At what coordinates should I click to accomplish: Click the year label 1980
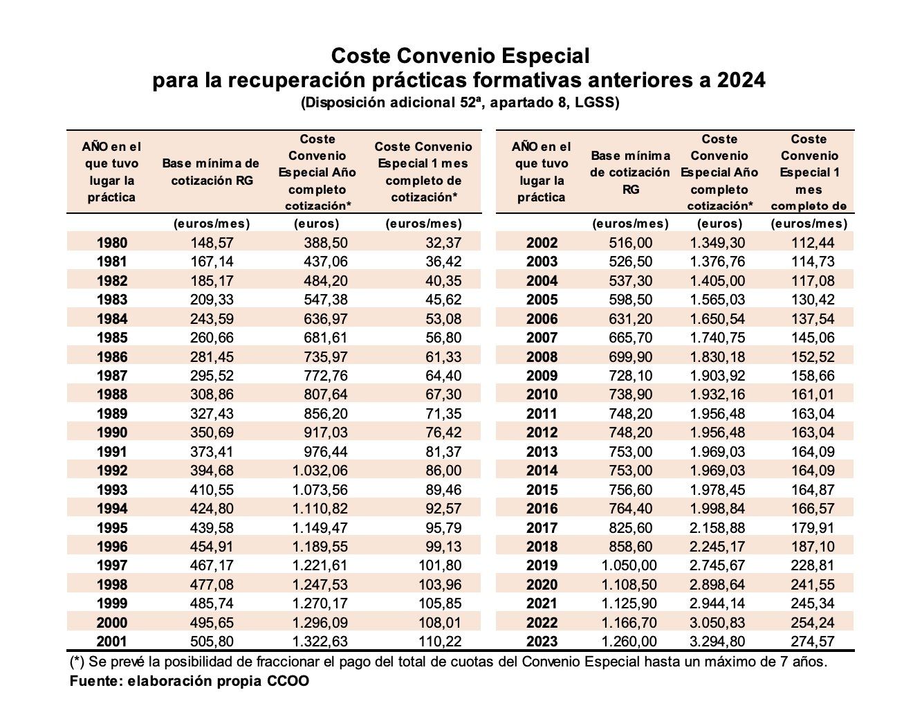tap(111, 243)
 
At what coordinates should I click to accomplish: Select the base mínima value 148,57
tap(212, 243)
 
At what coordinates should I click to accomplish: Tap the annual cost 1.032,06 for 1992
tap(318, 471)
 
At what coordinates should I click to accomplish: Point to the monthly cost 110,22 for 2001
tap(439, 642)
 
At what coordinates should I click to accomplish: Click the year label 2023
tap(541, 642)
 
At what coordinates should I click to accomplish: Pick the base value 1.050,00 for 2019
tap(629, 565)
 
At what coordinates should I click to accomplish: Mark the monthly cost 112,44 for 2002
tap(813, 243)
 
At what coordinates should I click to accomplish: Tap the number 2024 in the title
tap(741, 81)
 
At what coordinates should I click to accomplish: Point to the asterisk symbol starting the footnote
tap(77, 661)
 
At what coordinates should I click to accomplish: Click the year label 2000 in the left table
tap(111, 623)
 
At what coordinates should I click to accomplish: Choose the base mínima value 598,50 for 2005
tap(630, 300)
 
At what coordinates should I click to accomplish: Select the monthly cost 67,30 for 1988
tap(443, 394)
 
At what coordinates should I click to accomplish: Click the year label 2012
tap(541, 433)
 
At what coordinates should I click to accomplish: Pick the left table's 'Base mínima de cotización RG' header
tap(211, 172)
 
